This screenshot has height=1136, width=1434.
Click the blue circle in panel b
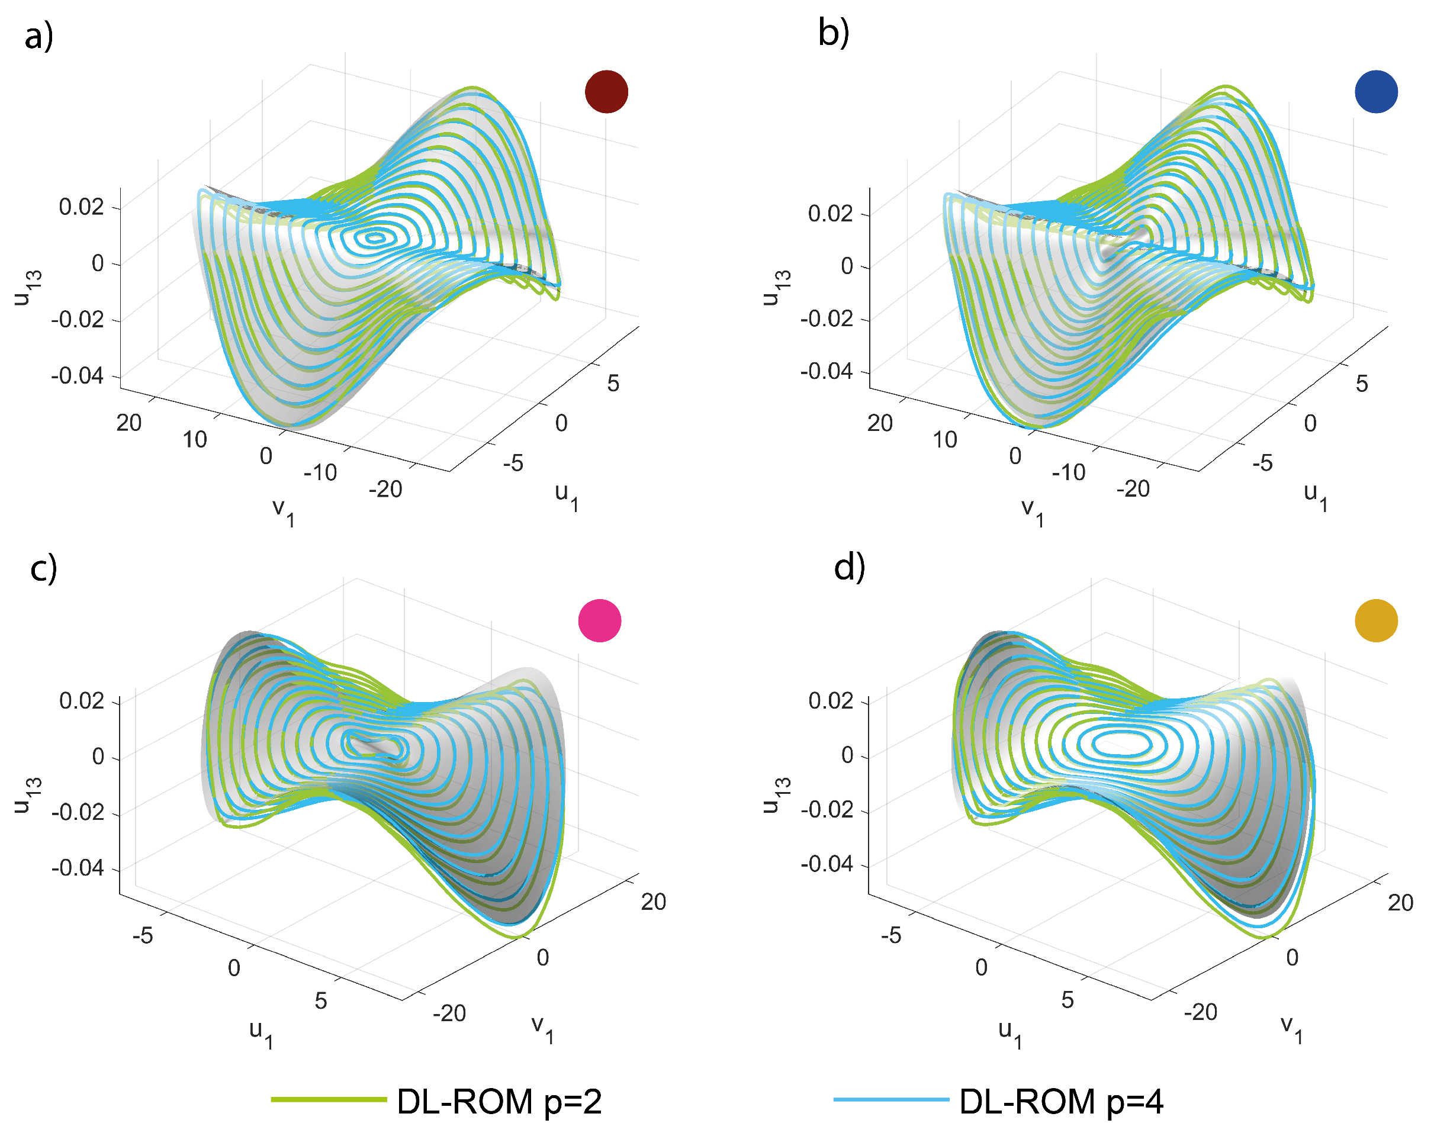1375,92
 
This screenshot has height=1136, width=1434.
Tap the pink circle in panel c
599,620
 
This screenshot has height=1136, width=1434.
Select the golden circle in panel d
1375,620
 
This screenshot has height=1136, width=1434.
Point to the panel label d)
850,567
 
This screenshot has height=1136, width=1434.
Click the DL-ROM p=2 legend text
499,1102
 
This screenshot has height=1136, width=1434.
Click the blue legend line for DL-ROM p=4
890,1100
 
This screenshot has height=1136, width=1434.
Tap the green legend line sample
329,1100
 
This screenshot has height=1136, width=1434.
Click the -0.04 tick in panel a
78,376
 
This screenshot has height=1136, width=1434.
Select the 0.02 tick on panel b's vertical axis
830,214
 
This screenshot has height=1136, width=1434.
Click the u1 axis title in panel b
1315,497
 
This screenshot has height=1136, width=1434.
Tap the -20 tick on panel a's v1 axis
386,490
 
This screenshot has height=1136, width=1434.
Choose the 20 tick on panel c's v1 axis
653,902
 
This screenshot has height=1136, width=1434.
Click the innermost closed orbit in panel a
377,237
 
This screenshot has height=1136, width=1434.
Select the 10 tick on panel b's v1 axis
944,440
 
